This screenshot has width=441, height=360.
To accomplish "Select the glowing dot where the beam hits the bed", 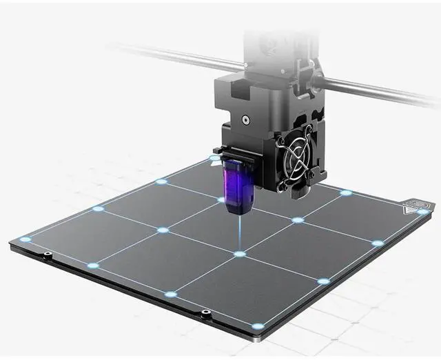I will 240,254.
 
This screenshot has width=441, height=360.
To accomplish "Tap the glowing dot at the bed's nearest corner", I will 258,326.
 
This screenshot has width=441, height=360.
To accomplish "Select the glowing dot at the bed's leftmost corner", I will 25,239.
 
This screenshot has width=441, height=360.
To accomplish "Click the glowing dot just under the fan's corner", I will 346,192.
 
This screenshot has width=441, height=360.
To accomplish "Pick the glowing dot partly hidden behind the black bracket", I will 214,158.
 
